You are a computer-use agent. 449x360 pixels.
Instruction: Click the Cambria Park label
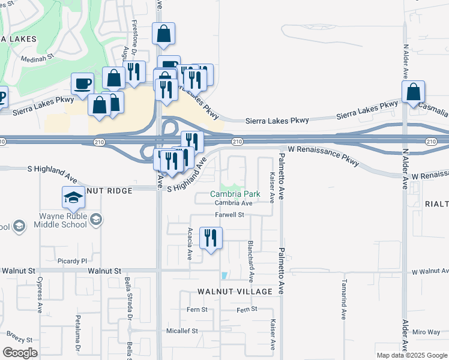point(235,194)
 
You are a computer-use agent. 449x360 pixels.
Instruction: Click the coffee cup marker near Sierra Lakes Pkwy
point(83,84)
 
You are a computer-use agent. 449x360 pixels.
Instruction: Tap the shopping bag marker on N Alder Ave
point(413,92)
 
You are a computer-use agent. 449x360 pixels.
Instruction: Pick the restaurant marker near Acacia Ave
point(211,238)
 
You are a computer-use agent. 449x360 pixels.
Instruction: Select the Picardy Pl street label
point(72,261)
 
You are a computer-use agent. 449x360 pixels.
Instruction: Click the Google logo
point(20,352)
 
